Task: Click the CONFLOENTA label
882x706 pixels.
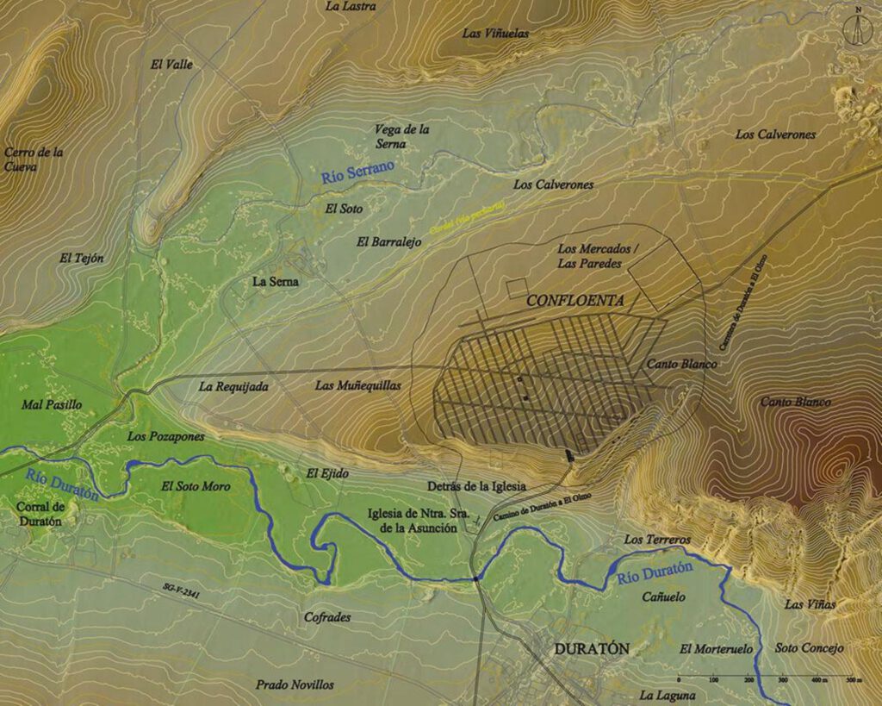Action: point(575,301)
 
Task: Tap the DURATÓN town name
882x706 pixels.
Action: point(592,649)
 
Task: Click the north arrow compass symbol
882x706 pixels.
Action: point(857,27)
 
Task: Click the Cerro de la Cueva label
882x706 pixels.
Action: point(34,159)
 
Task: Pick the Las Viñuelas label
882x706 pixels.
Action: point(495,34)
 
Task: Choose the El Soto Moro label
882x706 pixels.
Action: point(196,486)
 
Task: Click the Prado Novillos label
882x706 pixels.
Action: point(295,684)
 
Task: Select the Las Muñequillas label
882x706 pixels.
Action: point(357,385)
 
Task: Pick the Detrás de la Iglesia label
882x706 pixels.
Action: point(477,486)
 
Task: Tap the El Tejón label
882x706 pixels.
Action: point(82,258)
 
